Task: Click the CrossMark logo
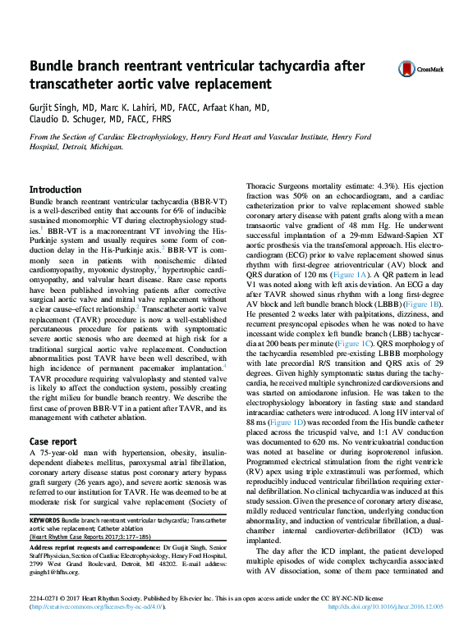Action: pos(420,69)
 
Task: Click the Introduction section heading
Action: pos(55,190)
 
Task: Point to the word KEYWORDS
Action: pos(44,520)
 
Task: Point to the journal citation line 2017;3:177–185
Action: pos(122,536)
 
